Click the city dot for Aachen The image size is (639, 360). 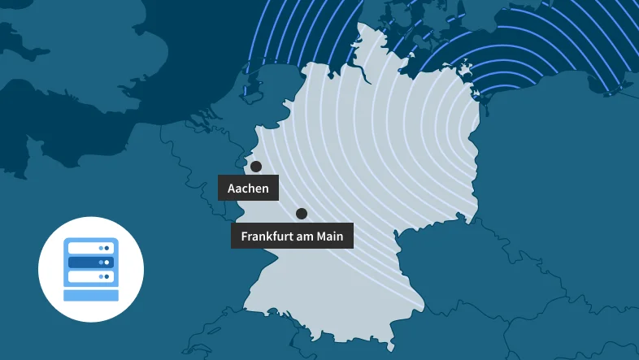click(256, 167)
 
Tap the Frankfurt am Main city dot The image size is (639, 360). click(302, 214)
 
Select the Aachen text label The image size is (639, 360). click(248, 189)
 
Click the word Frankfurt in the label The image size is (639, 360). click(267, 236)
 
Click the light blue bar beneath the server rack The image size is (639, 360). click(91, 294)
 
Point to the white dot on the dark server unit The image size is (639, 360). click(106, 262)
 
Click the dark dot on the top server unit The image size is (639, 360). click(106, 248)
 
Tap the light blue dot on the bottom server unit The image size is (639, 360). click(100, 277)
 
